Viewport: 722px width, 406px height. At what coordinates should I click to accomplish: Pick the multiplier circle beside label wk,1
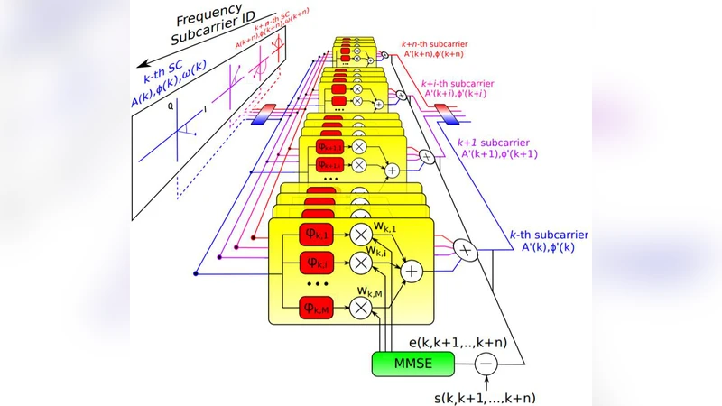coord(361,235)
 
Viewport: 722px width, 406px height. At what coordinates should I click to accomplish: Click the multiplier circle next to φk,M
coord(361,309)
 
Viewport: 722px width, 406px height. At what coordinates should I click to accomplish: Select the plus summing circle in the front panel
coord(412,270)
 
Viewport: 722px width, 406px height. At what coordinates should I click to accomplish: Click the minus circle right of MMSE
coord(486,364)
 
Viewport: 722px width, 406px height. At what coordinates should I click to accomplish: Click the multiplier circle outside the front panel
coord(465,248)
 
